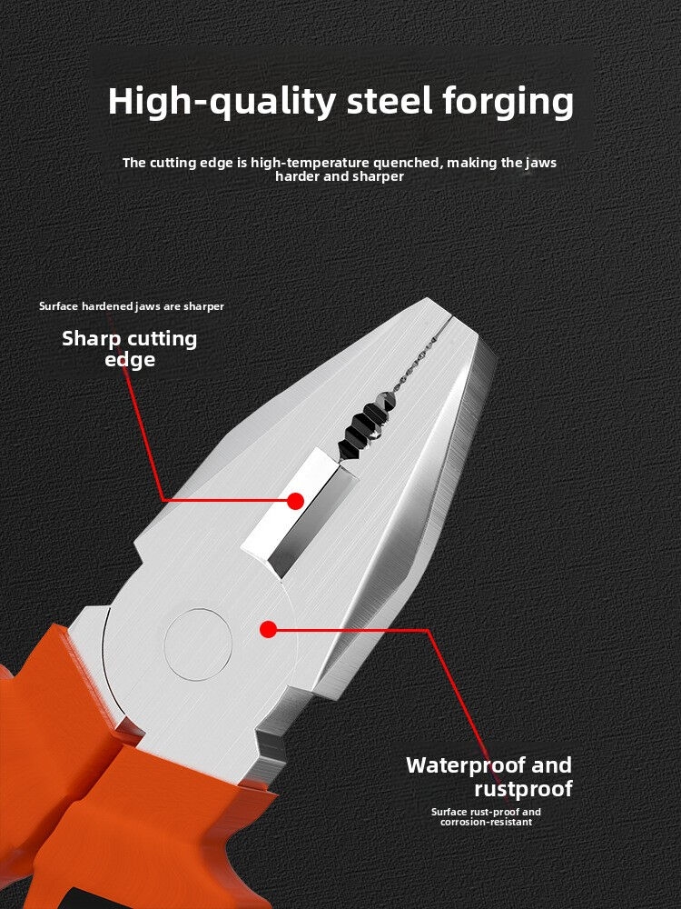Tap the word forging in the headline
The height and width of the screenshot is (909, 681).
click(x=508, y=102)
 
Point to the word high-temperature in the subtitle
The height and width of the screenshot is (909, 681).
click(x=310, y=163)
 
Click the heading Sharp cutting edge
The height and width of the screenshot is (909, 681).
click(x=130, y=349)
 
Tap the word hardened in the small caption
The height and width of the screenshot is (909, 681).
click(x=108, y=306)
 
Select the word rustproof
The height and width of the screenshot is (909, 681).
click(x=524, y=789)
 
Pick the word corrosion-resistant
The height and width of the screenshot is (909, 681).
click(x=486, y=822)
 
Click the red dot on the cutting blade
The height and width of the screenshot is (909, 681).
click(x=295, y=501)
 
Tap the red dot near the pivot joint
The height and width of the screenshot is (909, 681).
click(x=268, y=629)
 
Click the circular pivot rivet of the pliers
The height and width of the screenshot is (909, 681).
click(x=198, y=644)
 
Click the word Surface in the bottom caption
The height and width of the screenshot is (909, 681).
click(x=449, y=812)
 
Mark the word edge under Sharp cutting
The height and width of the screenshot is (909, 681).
click(x=130, y=360)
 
